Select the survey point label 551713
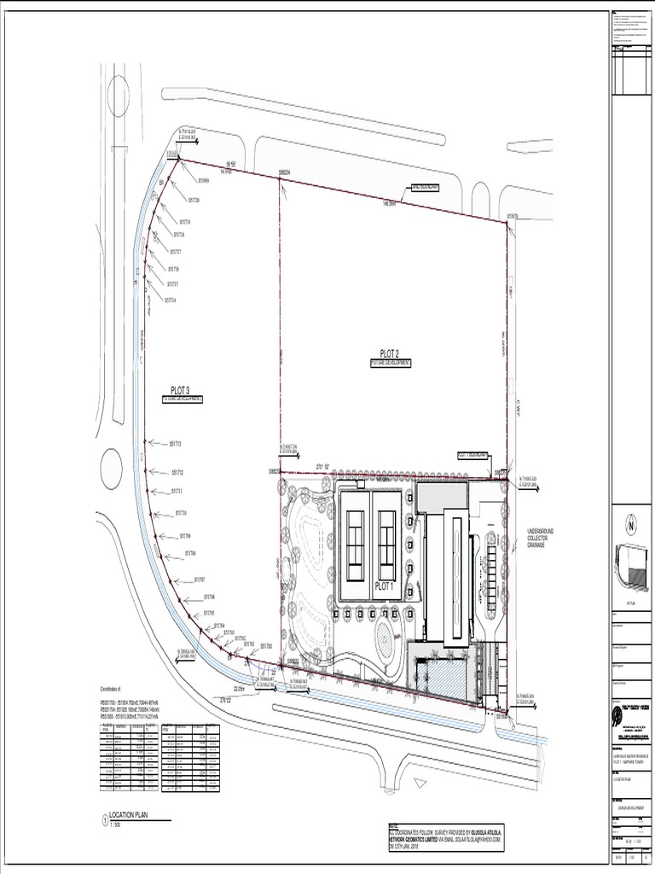pyautogui.click(x=177, y=444)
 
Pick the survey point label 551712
pyautogui.click(x=177, y=472)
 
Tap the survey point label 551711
pyautogui.click(x=177, y=491)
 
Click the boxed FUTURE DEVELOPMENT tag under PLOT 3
pyautogui.click(x=182, y=399)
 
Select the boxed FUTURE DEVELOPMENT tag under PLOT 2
pyautogui.click(x=391, y=363)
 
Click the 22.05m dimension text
pyautogui.click(x=240, y=687)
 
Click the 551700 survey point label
pyautogui.click(x=266, y=645)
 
